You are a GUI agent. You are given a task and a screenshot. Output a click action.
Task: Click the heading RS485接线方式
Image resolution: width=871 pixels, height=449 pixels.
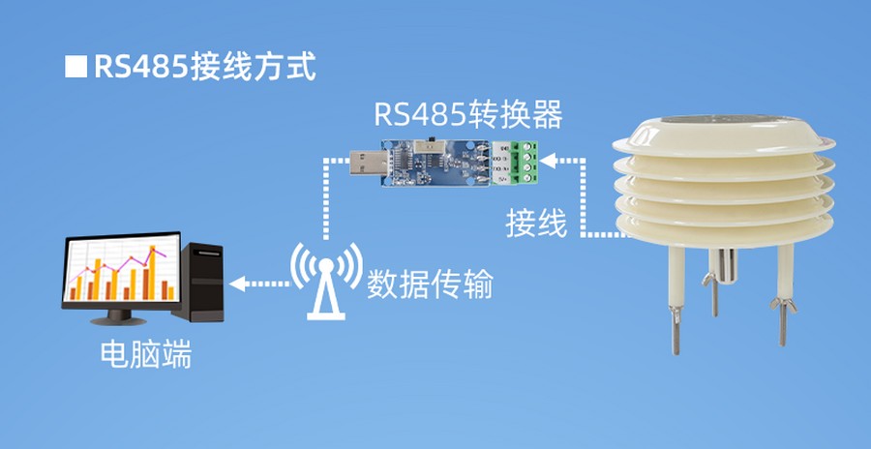coord(204,69)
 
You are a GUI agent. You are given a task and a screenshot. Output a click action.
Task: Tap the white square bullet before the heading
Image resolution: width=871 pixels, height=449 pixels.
coord(75,69)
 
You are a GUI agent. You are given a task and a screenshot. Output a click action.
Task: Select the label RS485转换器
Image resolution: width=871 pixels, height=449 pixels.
coord(467,115)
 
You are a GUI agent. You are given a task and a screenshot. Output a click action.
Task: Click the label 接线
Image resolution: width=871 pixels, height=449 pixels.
coord(535,224)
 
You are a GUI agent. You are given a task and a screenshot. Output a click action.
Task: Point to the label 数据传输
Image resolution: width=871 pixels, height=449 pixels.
coord(431,284)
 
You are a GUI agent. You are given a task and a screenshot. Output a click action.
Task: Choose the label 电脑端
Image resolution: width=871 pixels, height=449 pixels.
coord(146,357)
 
